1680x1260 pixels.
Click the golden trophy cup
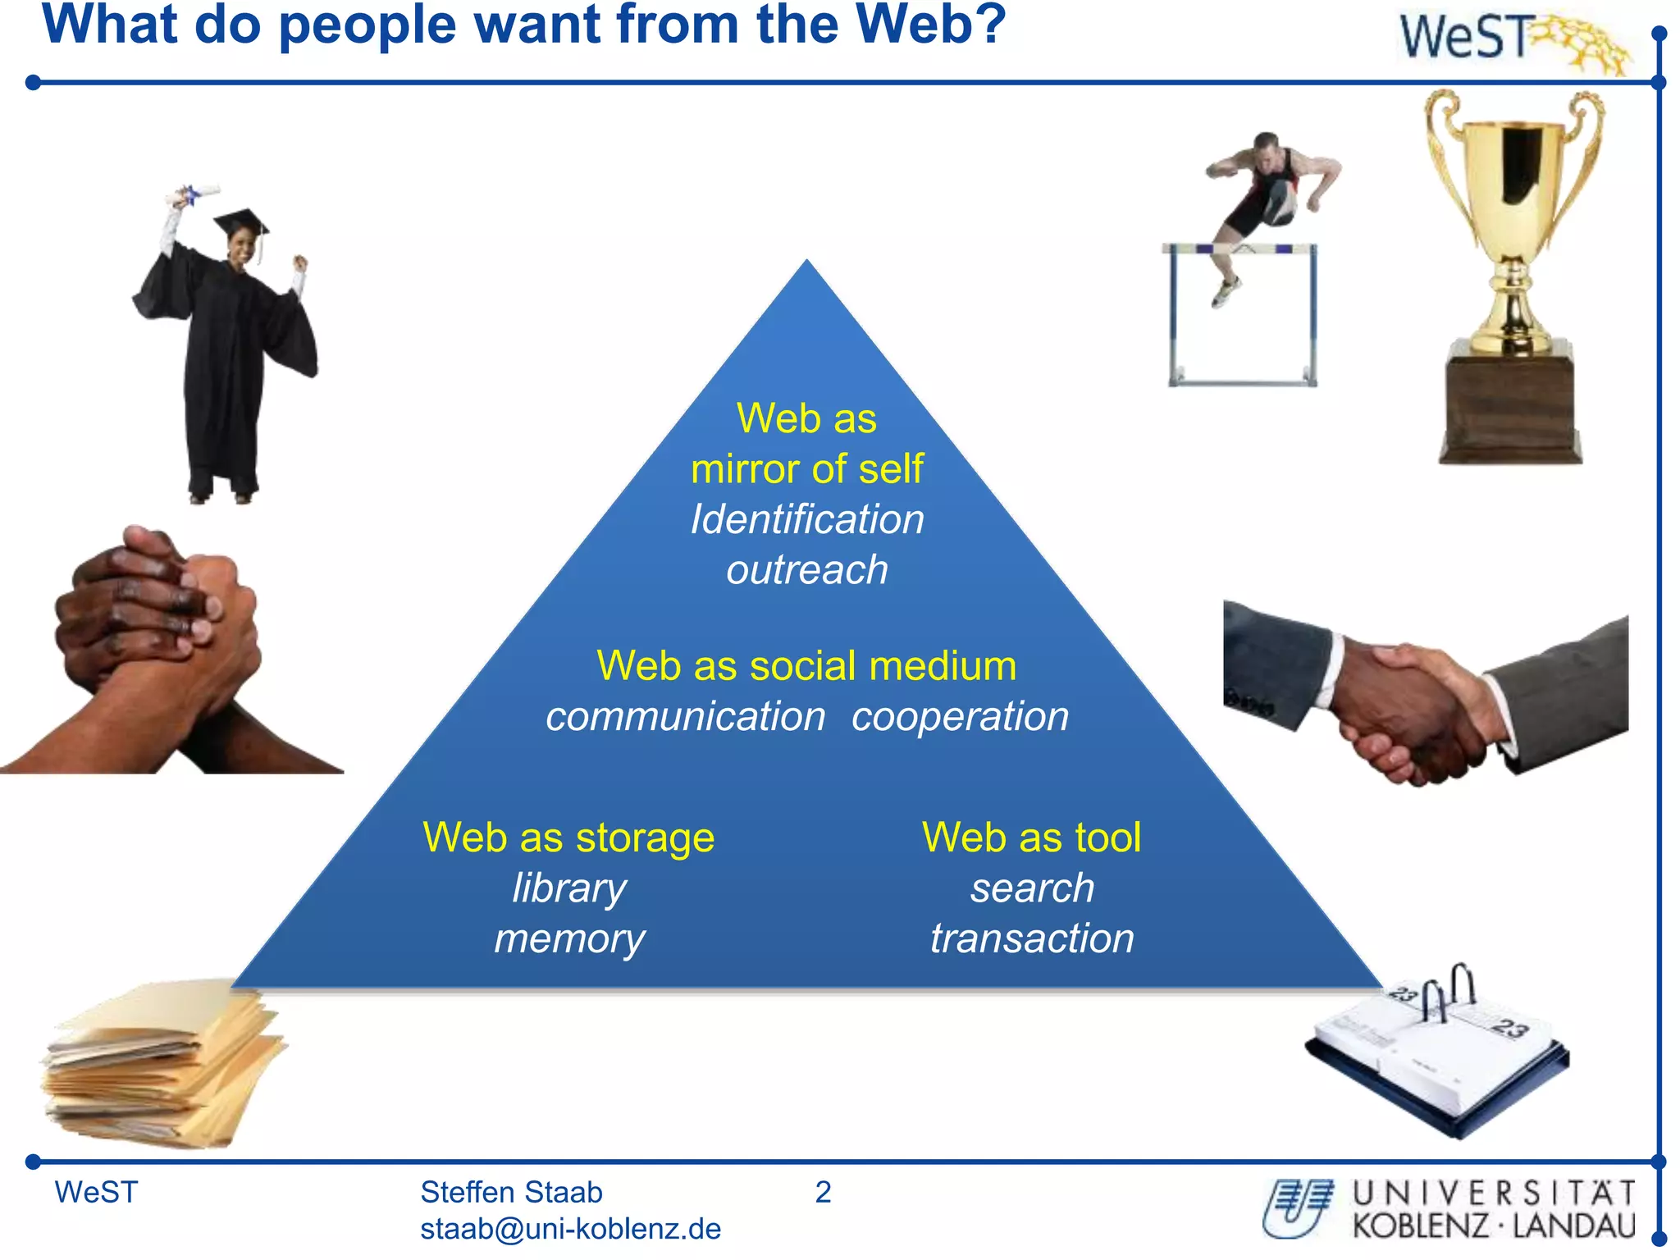[1513, 213]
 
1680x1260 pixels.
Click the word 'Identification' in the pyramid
[807, 519]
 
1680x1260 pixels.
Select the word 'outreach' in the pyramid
[807, 570]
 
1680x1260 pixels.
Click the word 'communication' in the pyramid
[686, 717]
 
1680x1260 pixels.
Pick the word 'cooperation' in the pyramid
[960, 717]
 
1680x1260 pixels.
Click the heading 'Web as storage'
[568, 838]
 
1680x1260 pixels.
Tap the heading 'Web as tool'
[1031, 838]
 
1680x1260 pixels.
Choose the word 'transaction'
[1032, 938]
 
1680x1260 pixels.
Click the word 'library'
[568, 888]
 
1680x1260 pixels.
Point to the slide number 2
[823, 1192]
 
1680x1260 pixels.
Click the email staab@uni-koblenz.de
[570, 1229]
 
